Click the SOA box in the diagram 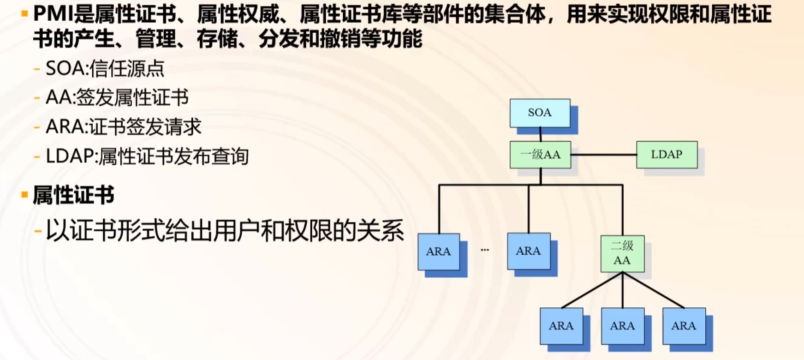click(540, 113)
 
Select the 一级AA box click(540, 155)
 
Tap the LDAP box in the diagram click(667, 155)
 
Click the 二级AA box click(622, 253)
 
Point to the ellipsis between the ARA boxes click(484, 250)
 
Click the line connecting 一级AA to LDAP click(603, 155)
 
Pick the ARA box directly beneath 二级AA click(623, 326)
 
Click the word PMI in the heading click(53, 14)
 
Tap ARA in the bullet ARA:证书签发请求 click(65, 127)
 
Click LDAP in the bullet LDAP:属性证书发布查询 click(70, 156)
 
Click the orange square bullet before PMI click(24, 14)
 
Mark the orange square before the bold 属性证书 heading click(24, 195)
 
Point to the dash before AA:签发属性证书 click(37, 98)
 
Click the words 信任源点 click(127, 69)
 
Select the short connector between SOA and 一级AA click(540, 134)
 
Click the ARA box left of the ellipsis click(439, 252)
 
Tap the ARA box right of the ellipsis click(529, 251)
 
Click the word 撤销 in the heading click(339, 38)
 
